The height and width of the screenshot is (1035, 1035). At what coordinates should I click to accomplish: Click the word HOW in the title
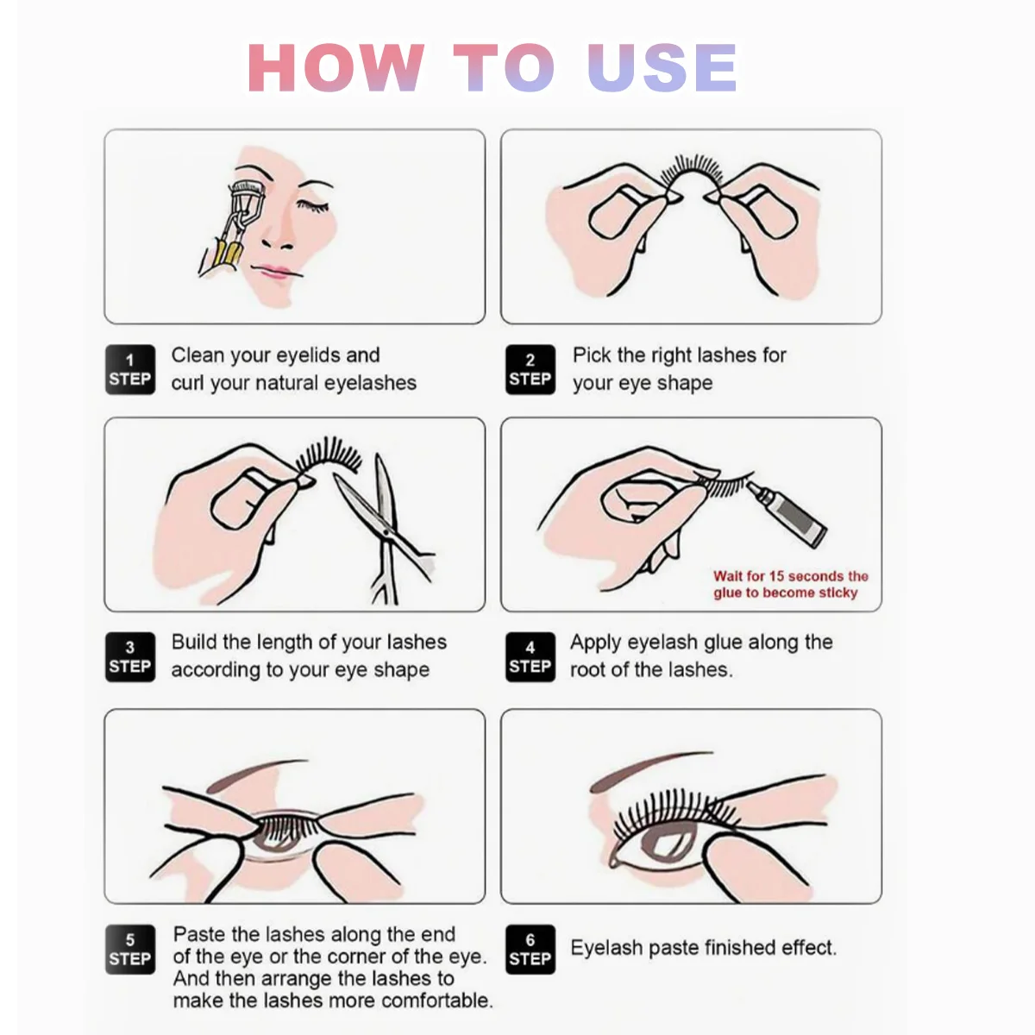click(336, 67)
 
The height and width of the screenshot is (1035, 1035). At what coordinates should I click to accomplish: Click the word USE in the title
click(662, 67)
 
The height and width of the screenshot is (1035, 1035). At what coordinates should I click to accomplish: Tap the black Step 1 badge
click(130, 369)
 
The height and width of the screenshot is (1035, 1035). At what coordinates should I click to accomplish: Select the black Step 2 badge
click(530, 369)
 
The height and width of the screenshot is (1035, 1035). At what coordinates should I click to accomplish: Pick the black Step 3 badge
click(130, 657)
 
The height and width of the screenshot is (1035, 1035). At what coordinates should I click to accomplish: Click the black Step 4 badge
click(530, 657)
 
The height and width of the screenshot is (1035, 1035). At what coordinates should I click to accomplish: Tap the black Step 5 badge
click(130, 950)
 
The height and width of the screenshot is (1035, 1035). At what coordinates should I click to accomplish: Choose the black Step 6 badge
click(530, 950)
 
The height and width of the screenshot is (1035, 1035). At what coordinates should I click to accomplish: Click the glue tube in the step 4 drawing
click(787, 514)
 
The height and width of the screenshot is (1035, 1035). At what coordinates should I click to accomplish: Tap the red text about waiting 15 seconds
click(790, 585)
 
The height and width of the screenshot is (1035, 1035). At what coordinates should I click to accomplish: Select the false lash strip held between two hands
click(692, 173)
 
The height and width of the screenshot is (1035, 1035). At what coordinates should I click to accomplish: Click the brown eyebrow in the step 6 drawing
click(651, 771)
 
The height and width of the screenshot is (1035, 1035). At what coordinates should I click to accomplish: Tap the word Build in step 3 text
click(193, 642)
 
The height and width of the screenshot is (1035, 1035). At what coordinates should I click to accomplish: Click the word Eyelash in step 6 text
click(606, 948)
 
